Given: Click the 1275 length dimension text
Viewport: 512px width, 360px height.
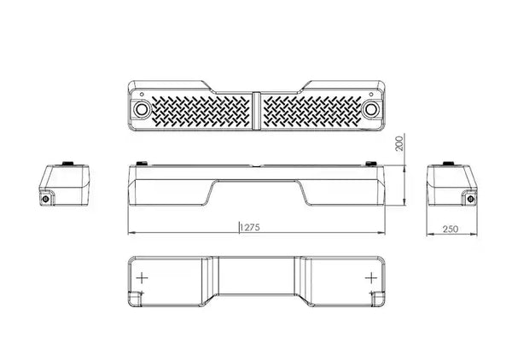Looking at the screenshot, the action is coord(250,227).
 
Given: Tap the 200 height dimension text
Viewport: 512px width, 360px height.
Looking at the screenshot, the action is coord(399,143).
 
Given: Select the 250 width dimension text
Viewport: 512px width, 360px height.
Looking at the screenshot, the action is coord(451,229).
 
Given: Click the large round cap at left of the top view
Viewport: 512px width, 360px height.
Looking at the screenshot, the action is coord(142,109).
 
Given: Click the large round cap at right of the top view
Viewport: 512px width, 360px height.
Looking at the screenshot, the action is coord(371,109).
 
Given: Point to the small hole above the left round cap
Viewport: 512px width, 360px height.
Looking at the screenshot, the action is coord(142,95).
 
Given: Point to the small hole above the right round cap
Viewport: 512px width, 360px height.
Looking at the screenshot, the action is coord(371,95).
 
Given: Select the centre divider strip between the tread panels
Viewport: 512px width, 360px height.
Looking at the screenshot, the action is coord(256,111).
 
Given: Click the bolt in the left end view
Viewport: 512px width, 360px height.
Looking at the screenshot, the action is coord(46,199).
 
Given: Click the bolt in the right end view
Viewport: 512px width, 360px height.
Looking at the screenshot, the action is coord(470,199).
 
